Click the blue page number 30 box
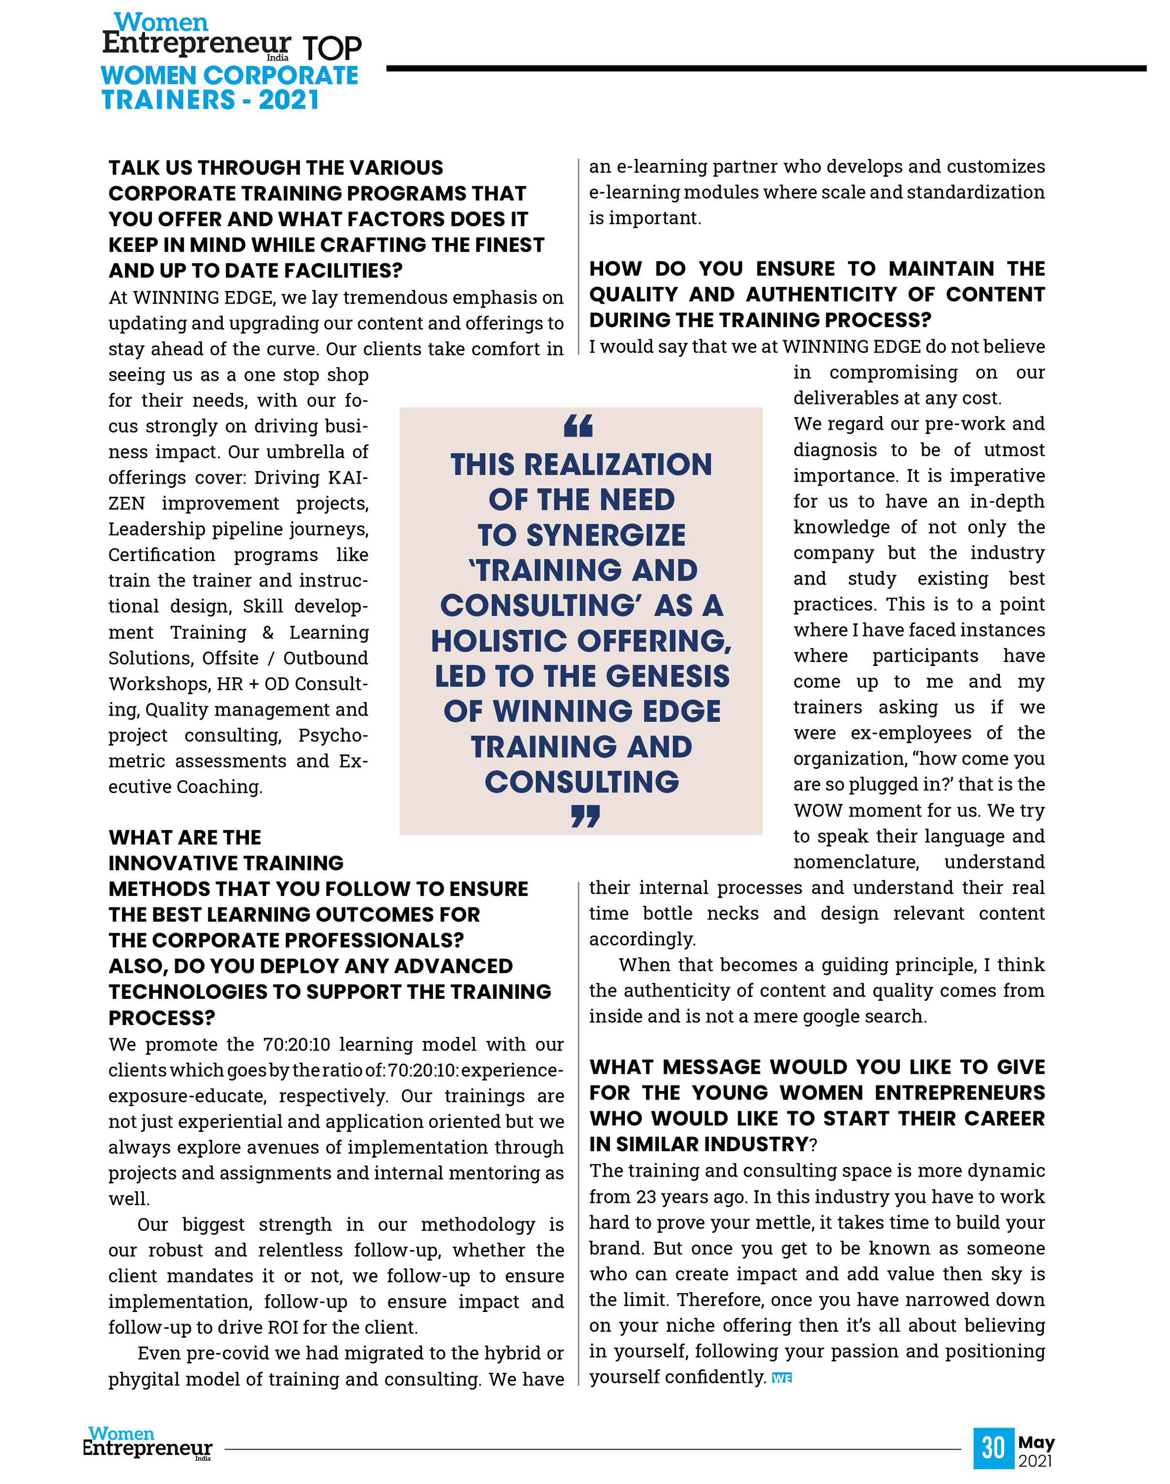(993, 1448)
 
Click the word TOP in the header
(332, 48)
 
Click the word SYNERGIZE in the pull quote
(606, 535)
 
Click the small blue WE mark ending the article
(781, 1378)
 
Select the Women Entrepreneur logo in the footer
(147, 1443)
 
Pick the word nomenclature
(855, 862)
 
